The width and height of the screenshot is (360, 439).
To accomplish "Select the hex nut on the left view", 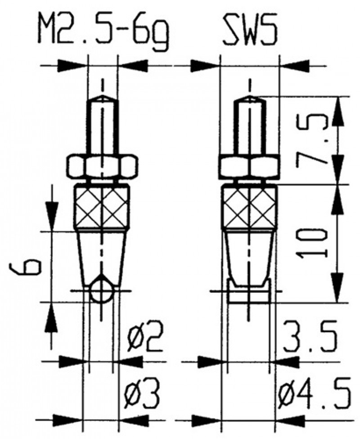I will click(x=102, y=166).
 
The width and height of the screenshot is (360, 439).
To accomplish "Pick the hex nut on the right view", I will click(x=250, y=167).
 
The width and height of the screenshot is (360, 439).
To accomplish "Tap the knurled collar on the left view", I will click(x=102, y=208).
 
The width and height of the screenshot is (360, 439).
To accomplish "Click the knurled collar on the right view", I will click(x=250, y=208).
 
